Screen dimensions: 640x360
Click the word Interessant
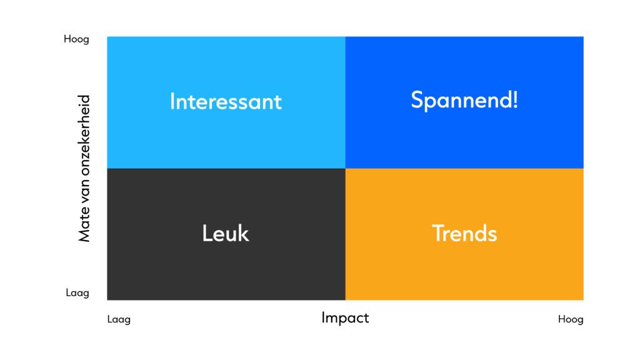point(226,101)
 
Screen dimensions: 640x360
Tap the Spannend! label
point(464,101)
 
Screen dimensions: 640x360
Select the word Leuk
point(225,234)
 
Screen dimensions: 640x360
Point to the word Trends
point(464,234)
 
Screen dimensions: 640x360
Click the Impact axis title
point(345,318)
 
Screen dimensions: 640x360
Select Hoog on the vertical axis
point(76,39)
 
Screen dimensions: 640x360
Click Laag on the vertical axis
point(77,292)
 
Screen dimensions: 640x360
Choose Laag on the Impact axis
point(119,319)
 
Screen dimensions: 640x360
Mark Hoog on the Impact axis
point(571,319)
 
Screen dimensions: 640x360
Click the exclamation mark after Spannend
point(516,100)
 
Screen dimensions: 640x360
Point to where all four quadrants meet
point(345,168)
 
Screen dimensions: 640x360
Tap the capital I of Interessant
point(172,101)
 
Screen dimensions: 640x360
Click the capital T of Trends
point(439,233)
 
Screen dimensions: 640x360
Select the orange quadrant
point(464,234)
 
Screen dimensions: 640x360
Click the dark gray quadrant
point(226,234)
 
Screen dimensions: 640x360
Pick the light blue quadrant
point(226,102)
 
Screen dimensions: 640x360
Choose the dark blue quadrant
point(464,102)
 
